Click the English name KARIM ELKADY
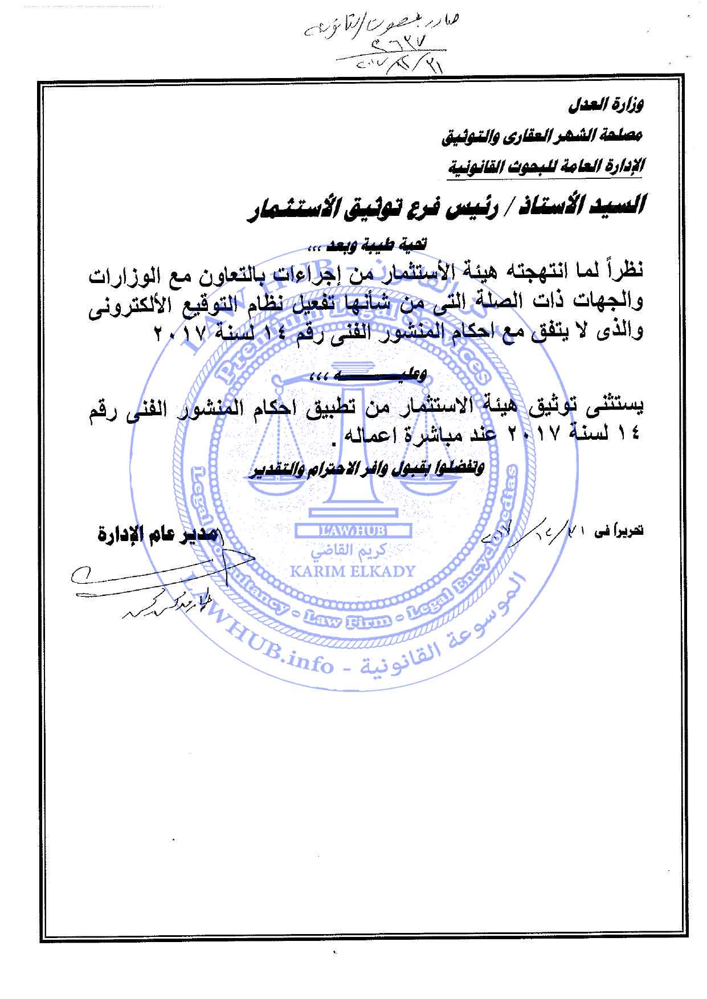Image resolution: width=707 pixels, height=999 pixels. point(353,571)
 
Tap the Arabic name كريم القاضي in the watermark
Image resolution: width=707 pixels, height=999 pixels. point(353,551)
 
